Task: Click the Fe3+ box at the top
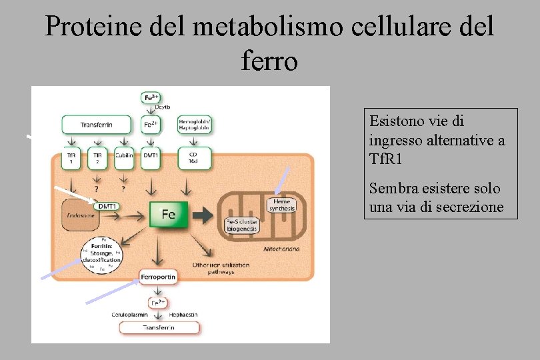[151, 97]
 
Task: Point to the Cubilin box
[123, 157]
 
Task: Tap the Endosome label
[80, 215]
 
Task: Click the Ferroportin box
[159, 276]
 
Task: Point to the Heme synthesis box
[281, 205]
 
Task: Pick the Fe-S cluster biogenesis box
[242, 225]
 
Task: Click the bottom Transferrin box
[158, 327]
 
